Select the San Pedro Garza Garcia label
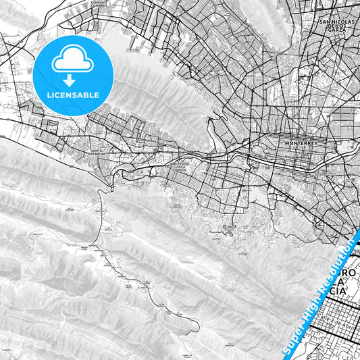[181, 165]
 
